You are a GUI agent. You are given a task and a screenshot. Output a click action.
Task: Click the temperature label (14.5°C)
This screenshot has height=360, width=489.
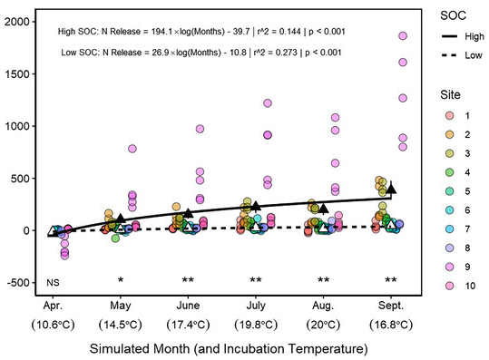tap(122, 325)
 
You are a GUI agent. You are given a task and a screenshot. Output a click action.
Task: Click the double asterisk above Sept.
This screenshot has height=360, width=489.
tap(392, 280)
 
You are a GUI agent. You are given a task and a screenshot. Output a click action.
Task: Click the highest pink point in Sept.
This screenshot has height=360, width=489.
tap(403, 36)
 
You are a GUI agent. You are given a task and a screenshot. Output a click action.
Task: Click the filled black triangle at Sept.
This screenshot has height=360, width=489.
tap(392, 188)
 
